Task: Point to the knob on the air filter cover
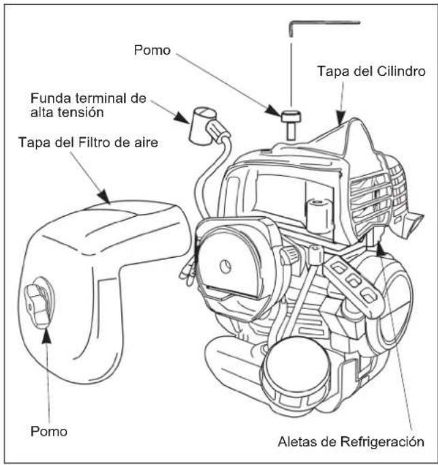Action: coord(39,303)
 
